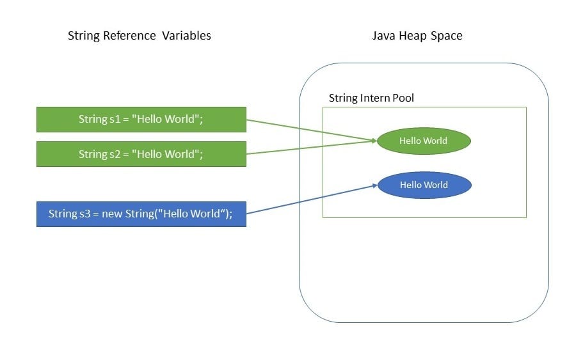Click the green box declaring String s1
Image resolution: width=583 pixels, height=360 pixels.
point(141,119)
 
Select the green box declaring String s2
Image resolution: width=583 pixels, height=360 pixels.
point(141,154)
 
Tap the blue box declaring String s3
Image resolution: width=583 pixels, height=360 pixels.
point(141,214)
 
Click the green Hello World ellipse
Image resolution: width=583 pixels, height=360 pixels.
point(423,141)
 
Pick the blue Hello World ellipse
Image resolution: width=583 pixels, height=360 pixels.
point(424,185)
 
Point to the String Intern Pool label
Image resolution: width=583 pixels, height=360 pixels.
point(371,98)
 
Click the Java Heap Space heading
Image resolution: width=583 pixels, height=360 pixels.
point(417,36)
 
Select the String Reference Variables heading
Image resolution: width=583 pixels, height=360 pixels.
point(139,36)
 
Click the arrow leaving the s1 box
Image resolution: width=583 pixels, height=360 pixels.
point(307,129)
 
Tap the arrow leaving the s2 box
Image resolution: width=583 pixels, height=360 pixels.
point(307,147)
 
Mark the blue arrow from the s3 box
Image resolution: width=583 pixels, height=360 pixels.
point(307,200)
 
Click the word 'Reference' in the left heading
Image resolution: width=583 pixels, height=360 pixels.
point(132,36)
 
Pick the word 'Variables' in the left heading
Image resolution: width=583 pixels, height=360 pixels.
point(186,36)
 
